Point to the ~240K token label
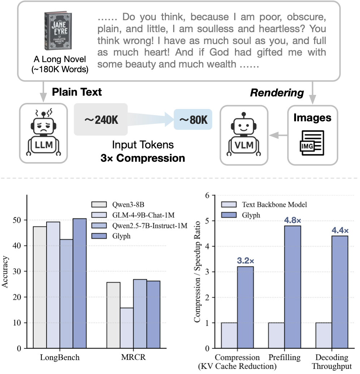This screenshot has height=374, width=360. [x=100, y=119]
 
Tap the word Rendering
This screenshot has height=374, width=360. [x=277, y=93]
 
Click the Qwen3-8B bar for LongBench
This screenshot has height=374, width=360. [x=39, y=287]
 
